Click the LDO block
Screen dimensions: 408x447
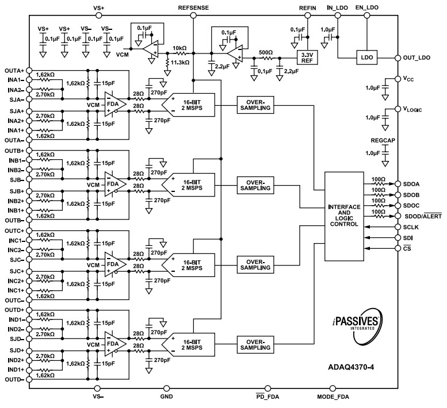366,58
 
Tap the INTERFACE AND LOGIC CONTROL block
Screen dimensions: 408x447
344,215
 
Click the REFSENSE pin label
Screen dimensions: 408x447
194,7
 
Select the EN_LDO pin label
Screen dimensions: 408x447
368,7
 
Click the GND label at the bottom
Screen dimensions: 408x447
166,397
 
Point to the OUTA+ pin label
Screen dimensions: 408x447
13,70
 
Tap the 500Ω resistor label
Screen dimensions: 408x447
265,51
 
